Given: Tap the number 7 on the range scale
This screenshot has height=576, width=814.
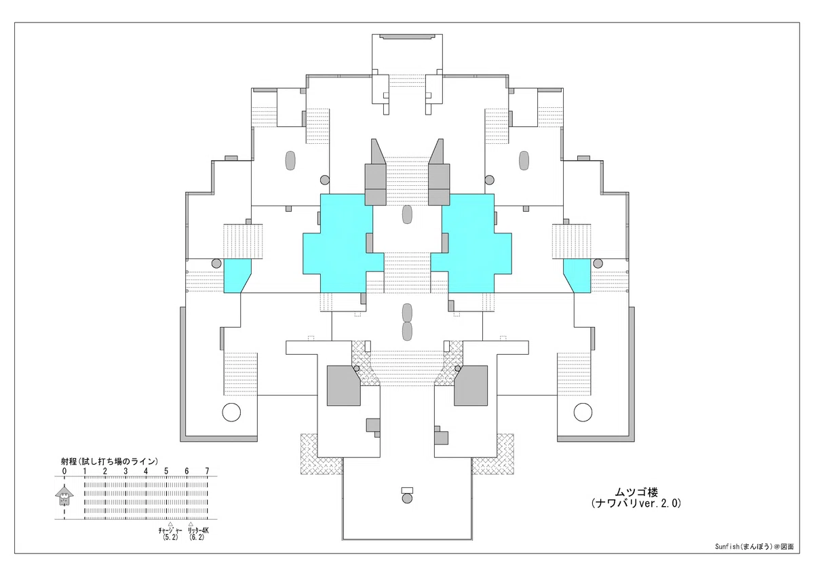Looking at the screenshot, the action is coord(207,472).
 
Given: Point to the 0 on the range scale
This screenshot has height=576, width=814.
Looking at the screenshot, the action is coord(64,472).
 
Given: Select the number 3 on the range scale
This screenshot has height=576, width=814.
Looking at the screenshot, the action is coord(125,472).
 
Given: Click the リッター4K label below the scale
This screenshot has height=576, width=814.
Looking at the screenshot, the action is coord(198,531).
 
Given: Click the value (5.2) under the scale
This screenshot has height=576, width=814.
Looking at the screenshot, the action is coord(170,537).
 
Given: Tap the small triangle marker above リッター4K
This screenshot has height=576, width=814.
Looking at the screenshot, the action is coord(191,524).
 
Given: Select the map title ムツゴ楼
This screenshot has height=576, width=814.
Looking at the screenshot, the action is coord(636,493).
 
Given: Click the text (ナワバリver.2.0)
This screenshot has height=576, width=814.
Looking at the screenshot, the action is coord(636,503).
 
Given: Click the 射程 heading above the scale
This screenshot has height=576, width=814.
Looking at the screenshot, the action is coord(69,461).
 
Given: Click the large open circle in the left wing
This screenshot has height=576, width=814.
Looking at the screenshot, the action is coord(231,412).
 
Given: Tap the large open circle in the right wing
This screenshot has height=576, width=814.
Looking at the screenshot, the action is coord(583,412).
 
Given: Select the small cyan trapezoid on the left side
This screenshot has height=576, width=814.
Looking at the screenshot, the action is coord(235,276).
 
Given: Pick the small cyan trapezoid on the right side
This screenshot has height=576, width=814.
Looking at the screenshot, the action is coord(579,276).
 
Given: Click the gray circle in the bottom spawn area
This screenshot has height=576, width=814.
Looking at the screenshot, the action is coord(407,498).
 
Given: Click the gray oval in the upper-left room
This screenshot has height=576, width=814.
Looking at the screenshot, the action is coord(290,160).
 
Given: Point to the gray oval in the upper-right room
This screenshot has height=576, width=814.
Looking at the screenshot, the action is coord(524,160).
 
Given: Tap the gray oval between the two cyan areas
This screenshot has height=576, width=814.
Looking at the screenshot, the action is coord(407,214).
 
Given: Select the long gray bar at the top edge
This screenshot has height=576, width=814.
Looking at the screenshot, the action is coord(407,37).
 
